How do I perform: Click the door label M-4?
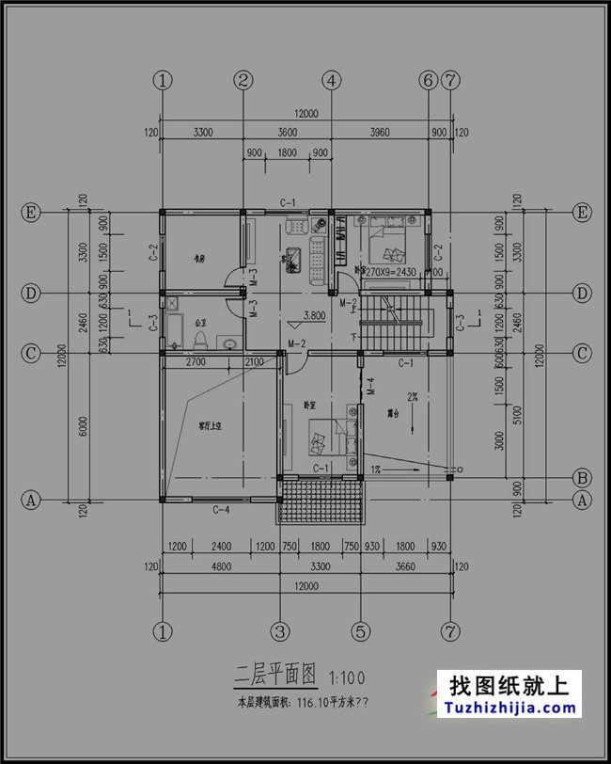tap(370, 385)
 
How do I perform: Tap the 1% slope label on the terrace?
tap(374, 469)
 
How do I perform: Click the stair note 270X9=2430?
tap(390, 271)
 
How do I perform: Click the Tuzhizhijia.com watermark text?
tap(509, 708)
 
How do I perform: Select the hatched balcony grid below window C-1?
tap(320, 500)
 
